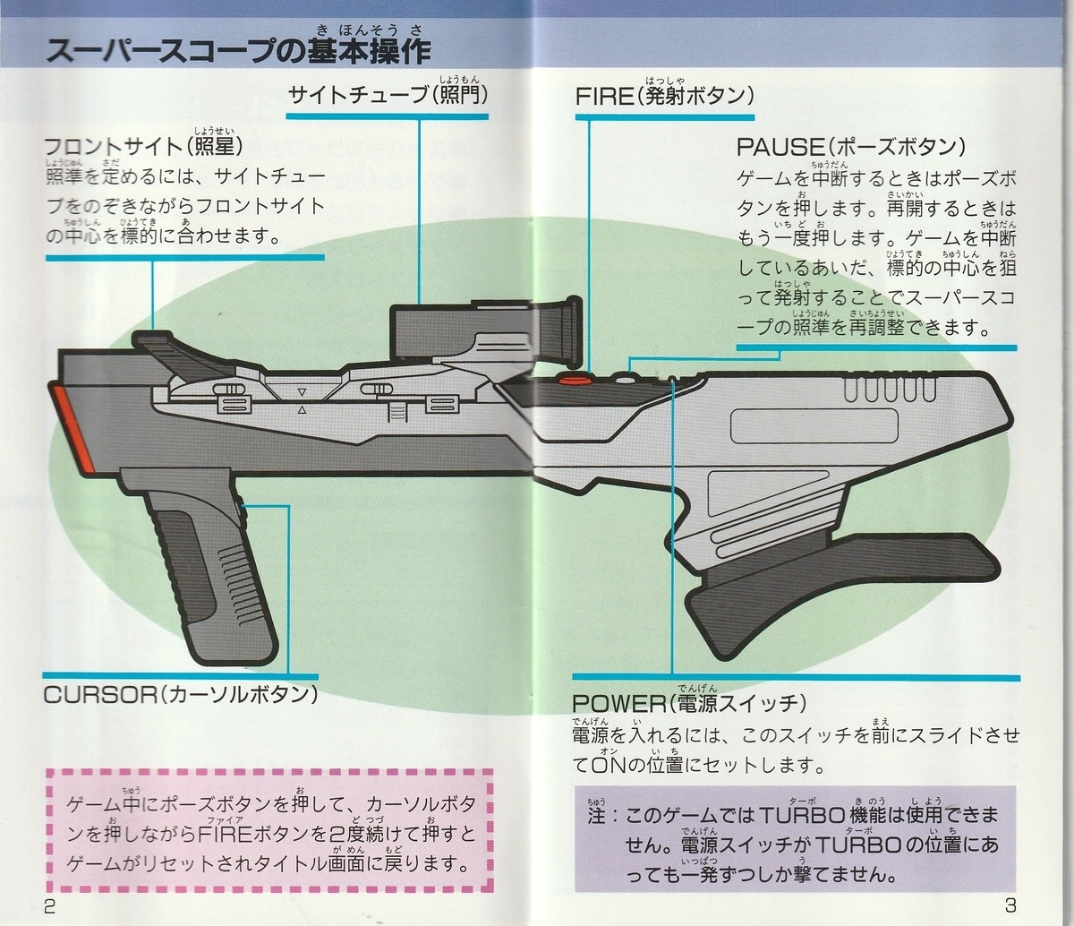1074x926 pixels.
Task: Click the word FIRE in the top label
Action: click(603, 98)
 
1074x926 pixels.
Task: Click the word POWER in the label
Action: click(618, 704)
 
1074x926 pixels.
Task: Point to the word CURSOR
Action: click(99, 696)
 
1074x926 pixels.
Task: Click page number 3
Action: click(1010, 905)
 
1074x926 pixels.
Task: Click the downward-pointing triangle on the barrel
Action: click(302, 392)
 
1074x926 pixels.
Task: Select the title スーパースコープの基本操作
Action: click(238, 52)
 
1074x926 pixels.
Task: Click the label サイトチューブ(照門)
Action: click(388, 96)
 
